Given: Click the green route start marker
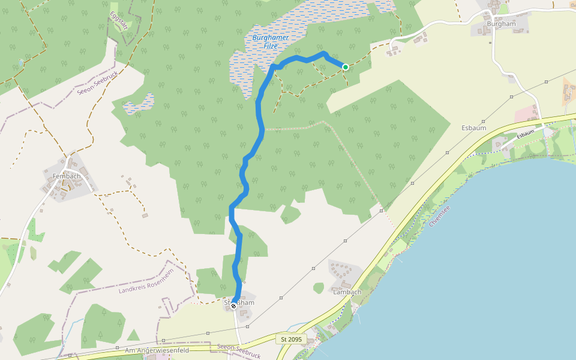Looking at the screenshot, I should tap(346, 67).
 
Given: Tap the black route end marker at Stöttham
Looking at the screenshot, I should tap(233, 306).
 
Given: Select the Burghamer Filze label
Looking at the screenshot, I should tap(271, 41).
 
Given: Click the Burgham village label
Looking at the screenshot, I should tap(501, 24).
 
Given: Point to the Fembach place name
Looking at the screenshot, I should tap(66, 176).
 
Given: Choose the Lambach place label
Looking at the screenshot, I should tap(347, 292).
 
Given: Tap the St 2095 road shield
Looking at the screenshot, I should tap(291, 340).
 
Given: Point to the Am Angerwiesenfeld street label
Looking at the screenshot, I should tap(157, 350).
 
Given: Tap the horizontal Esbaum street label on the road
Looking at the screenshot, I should tap(526, 135).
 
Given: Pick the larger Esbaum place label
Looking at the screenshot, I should tap(473, 128).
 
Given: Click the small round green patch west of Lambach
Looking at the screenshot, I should tap(319, 288).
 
